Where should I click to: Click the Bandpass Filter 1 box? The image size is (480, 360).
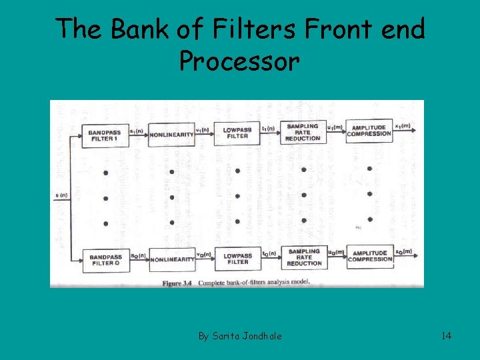tap(105, 135)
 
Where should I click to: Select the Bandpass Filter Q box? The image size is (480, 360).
tap(105, 259)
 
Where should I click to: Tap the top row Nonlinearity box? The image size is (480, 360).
tap(171, 135)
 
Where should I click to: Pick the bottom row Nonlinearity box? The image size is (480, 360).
tap(172, 259)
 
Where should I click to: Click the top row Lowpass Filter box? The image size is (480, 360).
tap(237, 133)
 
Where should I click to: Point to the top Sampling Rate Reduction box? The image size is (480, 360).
tap(303, 131)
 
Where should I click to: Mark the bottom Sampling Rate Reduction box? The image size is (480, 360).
tap(303, 257)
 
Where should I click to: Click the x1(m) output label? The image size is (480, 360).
tap(403, 125)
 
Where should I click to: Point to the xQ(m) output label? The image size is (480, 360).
tap(403, 251)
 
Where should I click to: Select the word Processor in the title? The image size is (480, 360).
tap(239, 61)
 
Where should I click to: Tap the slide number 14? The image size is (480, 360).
tap(446, 336)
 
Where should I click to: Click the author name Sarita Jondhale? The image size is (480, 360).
tap(239, 336)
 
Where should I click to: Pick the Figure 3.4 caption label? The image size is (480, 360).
tap(180, 283)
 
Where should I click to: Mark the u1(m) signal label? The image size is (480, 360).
tap(334, 126)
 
